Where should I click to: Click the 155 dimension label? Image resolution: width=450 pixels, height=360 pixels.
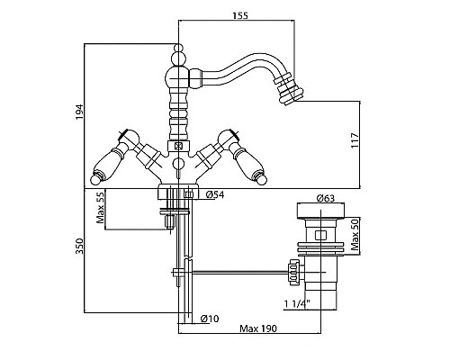(x=240, y=15)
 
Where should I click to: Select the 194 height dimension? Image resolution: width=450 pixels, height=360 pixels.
(x=79, y=112)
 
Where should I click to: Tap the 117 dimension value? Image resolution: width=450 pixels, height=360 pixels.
(x=355, y=140)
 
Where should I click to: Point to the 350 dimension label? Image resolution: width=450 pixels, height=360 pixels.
(x=79, y=247)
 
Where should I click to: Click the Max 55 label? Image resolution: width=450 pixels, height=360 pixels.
(x=101, y=208)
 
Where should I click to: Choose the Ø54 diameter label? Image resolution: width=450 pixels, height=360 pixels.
(x=215, y=195)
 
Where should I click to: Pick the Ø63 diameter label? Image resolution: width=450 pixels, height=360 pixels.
(x=326, y=198)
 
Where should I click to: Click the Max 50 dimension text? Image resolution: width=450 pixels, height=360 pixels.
(x=355, y=234)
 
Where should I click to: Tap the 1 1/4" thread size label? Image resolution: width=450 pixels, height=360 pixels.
(x=297, y=304)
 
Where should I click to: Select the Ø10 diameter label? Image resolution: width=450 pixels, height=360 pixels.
(x=210, y=319)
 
